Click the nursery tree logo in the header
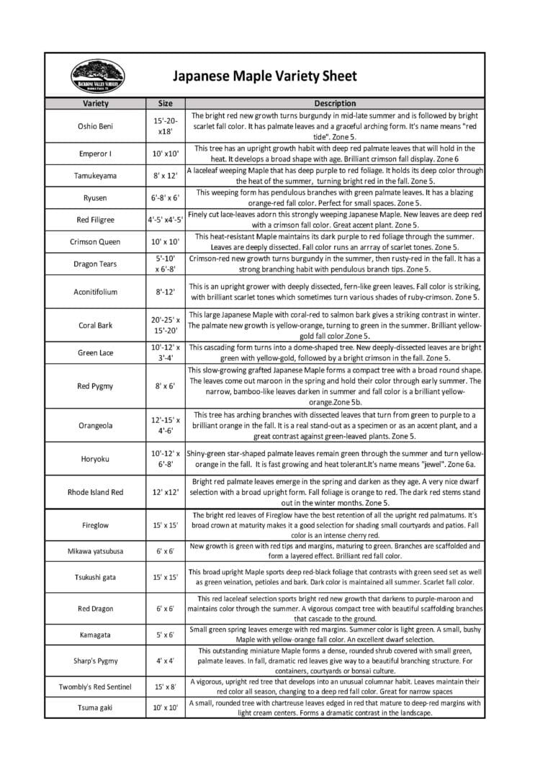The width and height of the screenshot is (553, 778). pos(97,76)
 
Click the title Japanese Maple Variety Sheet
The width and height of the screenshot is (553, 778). pos(264,76)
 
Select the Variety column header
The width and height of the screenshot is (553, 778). pos(96,104)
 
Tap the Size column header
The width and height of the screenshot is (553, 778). pos(165,104)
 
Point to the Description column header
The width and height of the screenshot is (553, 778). pos(335,104)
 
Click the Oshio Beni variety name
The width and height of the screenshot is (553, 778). pos(96,126)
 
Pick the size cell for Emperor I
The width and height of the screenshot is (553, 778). pos(165,153)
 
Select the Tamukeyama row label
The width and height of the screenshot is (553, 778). pos(96,176)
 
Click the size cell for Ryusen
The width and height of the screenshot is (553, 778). pos(165,197)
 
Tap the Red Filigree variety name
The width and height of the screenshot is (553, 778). pos(96,220)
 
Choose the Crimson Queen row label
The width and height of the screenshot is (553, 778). pos(96,242)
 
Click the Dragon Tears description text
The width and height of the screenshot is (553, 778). pos(335,264)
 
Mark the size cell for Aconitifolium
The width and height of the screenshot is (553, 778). pos(165,292)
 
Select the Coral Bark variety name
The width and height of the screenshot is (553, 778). pos(96,325)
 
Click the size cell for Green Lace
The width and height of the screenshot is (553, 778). pos(165,352)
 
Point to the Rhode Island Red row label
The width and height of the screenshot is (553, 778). pos(96,492)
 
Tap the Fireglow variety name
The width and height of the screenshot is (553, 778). pos(96,525)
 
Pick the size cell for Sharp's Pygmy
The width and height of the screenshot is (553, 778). pos(165,660)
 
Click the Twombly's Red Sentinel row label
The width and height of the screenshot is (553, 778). pos(96,687)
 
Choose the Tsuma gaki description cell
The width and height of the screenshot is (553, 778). pos(335,708)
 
